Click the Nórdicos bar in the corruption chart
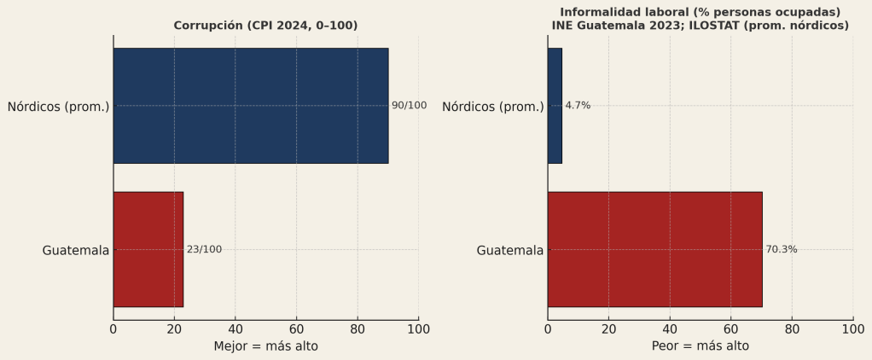click(x=251, y=106)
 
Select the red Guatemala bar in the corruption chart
click(x=148, y=249)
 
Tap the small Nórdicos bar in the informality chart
click(x=555, y=106)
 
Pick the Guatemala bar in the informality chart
click(x=654, y=249)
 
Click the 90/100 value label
click(x=409, y=106)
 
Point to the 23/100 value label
click(x=204, y=249)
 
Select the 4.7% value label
click(x=578, y=106)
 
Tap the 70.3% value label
click(x=782, y=249)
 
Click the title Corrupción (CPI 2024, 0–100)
click(x=265, y=26)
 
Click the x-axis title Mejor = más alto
click(x=265, y=346)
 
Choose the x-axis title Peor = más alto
click(x=701, y=346)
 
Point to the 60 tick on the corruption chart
click(x=296, y=328)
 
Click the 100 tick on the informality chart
click(x=852, y=328)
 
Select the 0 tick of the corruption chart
click(x=113, y=328)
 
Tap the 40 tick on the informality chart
click(x=670, y=328)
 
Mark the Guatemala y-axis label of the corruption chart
click(x=76, y=250)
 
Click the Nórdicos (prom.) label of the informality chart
click(x=492, y=107)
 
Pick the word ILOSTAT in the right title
click(x=734, y=26)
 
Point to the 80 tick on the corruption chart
click(x=358, y=328)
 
